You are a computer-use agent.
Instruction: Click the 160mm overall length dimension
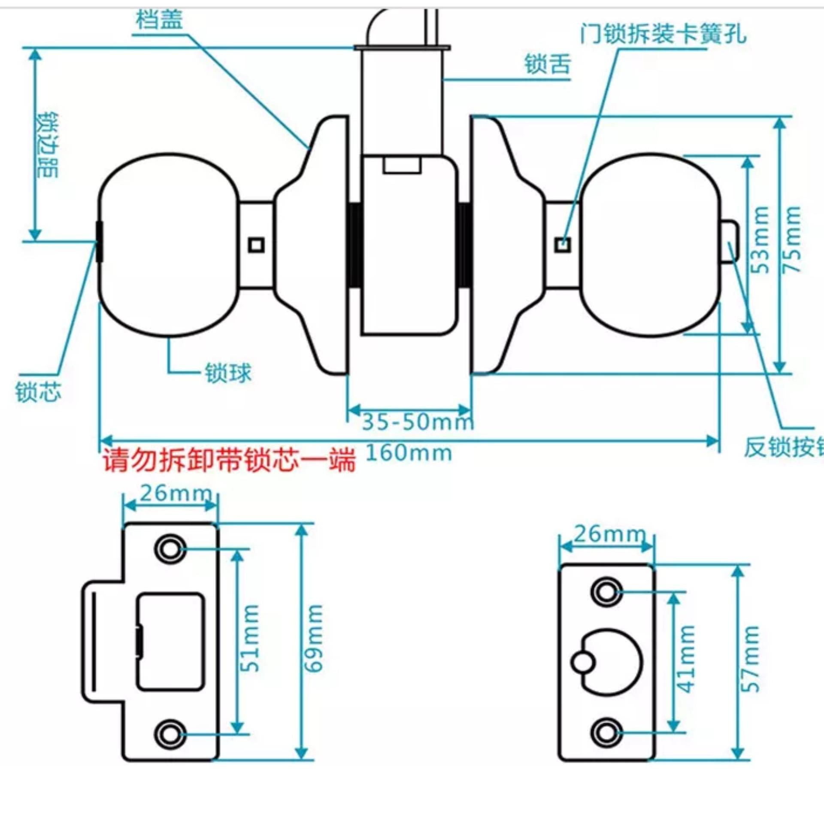click(409, 453)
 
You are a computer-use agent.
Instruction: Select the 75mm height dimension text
click(792, 239)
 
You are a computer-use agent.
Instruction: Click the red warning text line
click(229, 460)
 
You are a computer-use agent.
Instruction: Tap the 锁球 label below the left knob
click(228, 373)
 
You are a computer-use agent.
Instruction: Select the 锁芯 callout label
click(38, 391)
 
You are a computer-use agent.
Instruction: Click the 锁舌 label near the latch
click(548, 64)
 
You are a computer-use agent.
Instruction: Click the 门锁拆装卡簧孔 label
click(663, 33)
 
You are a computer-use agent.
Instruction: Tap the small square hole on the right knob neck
click(563, 245)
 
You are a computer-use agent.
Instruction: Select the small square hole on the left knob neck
click(257, 245)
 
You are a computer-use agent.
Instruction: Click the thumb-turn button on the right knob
click(730, 241)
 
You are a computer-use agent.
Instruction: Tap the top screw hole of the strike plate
click(170, 548)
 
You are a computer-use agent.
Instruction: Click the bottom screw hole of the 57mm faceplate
click(606, 732)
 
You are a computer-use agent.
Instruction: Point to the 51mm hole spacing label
click(251, 638)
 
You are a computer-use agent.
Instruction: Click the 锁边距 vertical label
click(48, 145)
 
